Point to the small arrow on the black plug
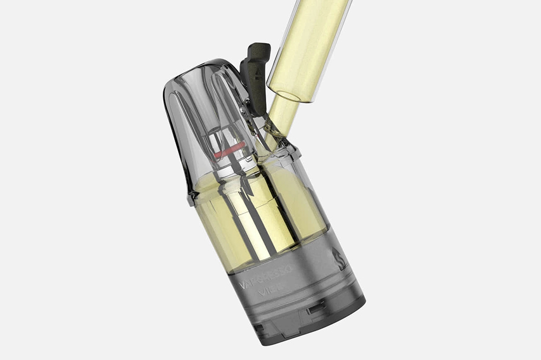[259, 72]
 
